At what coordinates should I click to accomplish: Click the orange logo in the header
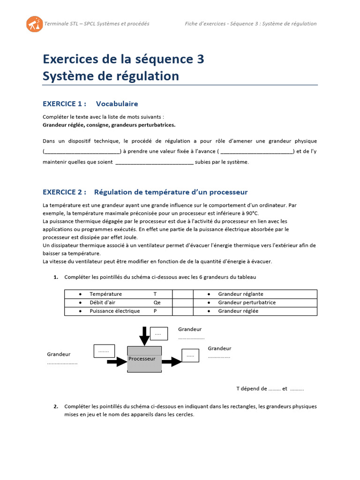point(34,23)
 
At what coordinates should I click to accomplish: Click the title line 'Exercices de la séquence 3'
point(123,60)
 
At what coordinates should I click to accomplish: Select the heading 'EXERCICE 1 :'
point(65,104)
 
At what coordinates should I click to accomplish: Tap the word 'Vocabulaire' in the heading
point(117,104)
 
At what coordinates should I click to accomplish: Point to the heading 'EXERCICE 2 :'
point(65,192)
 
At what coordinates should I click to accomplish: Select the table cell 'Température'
point(105,294)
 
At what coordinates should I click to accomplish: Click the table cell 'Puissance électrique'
point(114,311)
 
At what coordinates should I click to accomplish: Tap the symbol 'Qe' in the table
point(157,302)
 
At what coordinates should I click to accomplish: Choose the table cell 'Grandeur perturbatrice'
point(247,302)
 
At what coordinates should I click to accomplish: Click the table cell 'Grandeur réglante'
point(241,294)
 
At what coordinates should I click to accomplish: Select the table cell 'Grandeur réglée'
point(238,311)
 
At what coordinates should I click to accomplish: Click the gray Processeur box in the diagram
point(145,360)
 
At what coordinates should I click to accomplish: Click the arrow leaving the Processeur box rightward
point(172,361)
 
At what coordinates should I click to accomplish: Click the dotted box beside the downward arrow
point(157,333)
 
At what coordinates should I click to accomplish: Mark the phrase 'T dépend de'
point(251,389)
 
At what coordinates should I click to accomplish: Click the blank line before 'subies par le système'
point(154,163)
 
